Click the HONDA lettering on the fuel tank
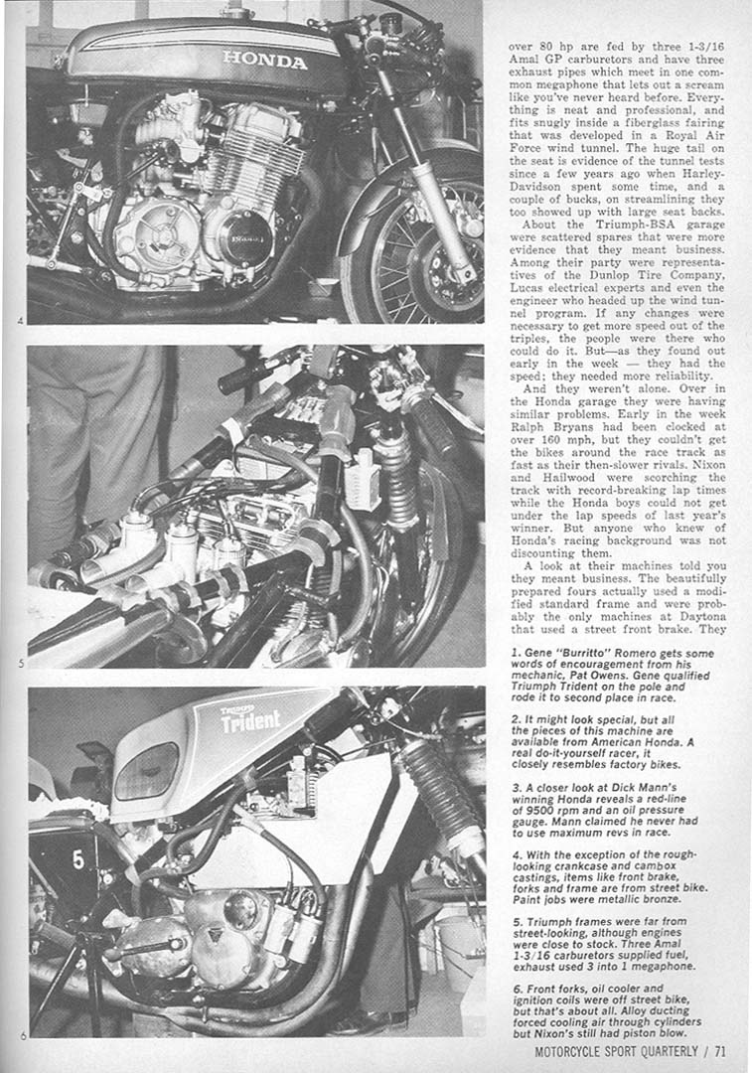pos(264,61)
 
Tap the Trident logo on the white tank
pos(250,718)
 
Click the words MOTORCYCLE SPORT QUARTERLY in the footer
pos(609,1051)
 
